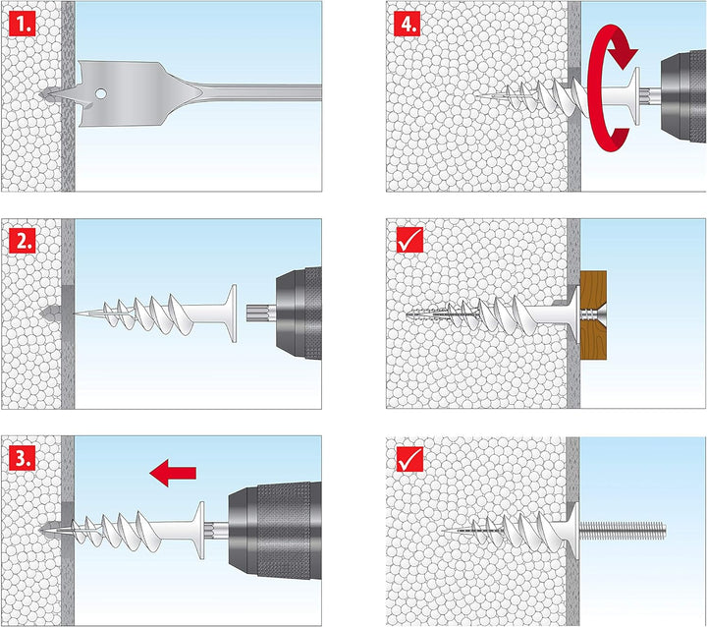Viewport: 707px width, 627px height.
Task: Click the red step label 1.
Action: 22,24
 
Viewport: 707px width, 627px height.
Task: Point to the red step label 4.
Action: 407,23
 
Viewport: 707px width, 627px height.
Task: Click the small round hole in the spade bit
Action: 100,94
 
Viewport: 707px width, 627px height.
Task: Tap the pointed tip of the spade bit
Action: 41,94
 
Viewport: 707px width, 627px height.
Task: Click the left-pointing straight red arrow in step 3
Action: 173,473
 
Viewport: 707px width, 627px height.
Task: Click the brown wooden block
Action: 593,314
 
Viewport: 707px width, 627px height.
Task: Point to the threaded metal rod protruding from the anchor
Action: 623,530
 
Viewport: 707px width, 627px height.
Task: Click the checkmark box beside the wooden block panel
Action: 409,240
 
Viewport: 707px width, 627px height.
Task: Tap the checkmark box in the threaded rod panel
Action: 409,459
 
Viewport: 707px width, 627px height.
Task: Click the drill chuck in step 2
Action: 299,313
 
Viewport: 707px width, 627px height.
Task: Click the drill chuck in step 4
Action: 683,97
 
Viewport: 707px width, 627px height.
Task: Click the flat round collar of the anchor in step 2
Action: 232,313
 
